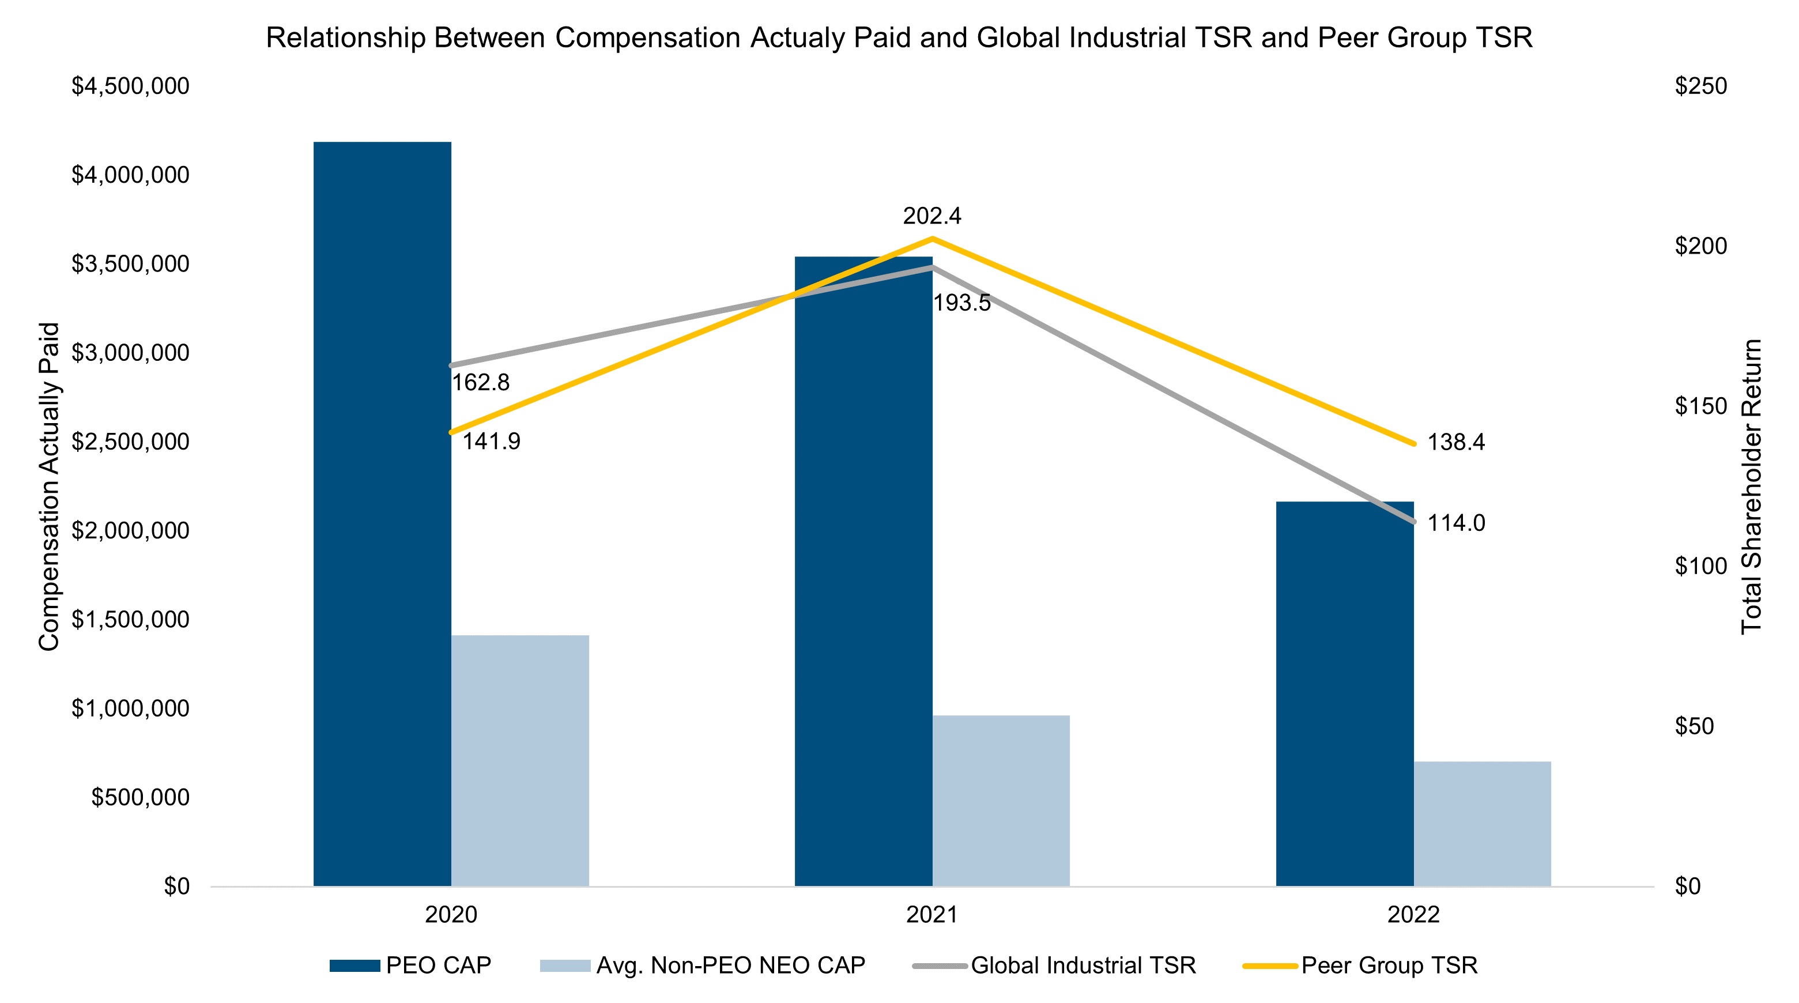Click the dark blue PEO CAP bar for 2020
coord(382,514)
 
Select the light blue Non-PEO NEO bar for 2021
coord(1001,801)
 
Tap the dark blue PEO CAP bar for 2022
coord(1344,693)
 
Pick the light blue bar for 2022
coord(1482,824)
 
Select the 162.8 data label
coord(481,383)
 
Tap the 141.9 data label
coord(491,442)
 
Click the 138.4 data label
coord(1455,442)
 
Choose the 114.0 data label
coord(1455,523)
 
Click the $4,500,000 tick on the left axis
coord(131,86)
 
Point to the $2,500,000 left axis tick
coord(131,442)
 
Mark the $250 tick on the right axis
coord(1700,86)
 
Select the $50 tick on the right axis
coord(1694,726)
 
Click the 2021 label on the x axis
coord(931,915)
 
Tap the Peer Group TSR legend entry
coord(1360,966)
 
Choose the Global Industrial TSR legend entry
coord(1054,966)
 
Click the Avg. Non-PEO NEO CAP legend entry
coord(703,966)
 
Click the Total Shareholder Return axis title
coord(1752,487)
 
